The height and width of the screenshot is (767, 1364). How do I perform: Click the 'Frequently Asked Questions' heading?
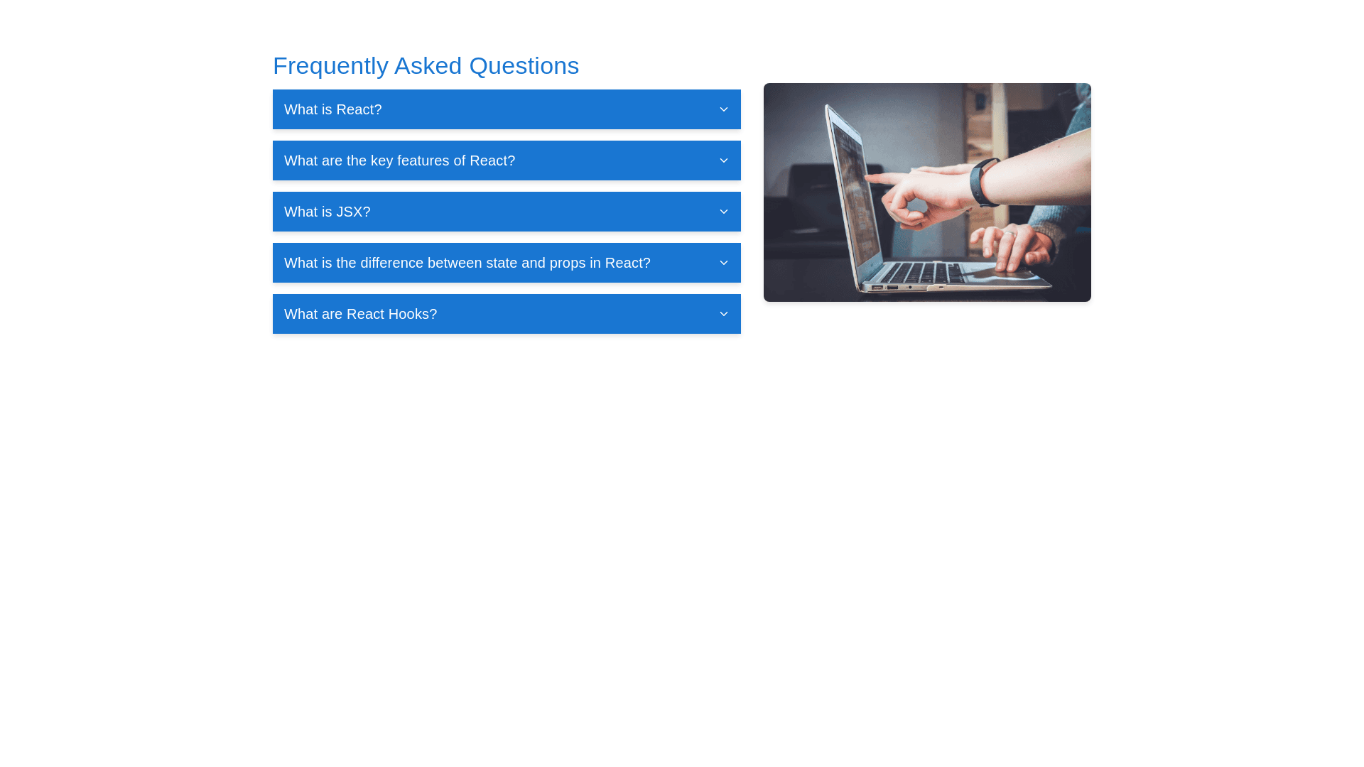pos(426,66)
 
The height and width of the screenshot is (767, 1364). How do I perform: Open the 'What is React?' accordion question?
pos(332,109)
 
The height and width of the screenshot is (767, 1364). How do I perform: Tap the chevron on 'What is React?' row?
pos(723,109)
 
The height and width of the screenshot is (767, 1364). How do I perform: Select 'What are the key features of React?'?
pos(399,161)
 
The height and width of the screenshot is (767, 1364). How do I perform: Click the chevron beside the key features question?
pos(723,161)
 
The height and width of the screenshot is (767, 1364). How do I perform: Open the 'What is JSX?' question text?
pos(327,212)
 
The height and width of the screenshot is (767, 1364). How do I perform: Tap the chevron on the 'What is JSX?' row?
pos(723,212)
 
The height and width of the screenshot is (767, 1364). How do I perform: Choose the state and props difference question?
pos(467,263)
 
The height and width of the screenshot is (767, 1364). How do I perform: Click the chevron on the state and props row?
pos(723,263)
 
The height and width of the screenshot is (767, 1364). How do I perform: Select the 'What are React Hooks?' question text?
pos(360,314)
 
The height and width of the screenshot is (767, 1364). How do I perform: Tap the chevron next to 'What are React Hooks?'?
pos(723,314)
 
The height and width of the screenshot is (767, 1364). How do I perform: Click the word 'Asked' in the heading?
pos(428,66)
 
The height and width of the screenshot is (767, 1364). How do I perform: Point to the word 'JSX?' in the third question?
pos(353,212)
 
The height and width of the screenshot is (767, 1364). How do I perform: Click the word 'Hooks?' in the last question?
pos(412,314)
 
